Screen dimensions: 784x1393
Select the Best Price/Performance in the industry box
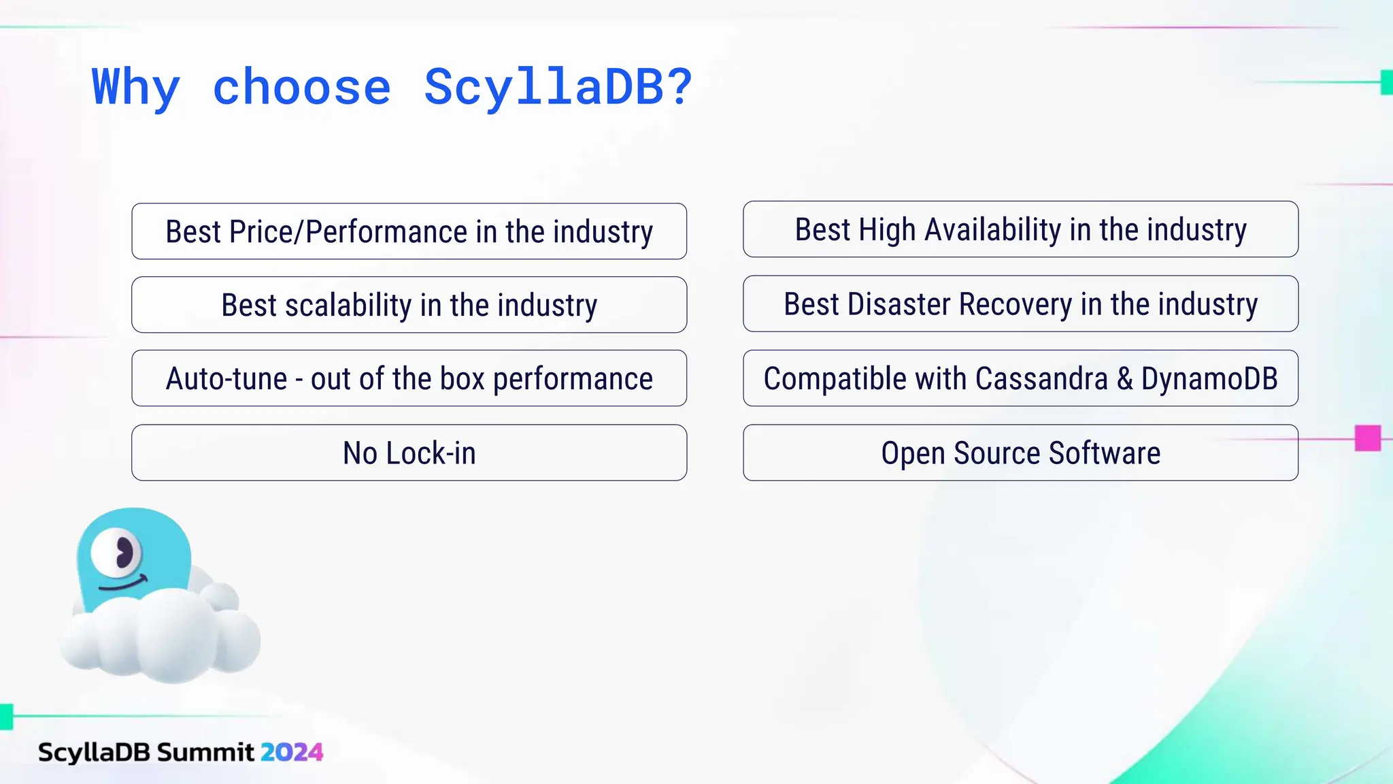coord(409,231)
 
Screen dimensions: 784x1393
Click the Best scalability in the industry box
coord(409,305)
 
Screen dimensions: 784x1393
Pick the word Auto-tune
coord(226,378)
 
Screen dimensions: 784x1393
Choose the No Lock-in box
coord(409,453)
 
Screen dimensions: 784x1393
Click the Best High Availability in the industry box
coord(1020,229)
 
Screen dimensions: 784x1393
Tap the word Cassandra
coord(1041,379)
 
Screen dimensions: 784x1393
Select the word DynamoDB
coord(1209,379)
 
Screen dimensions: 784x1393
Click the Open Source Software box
coord(1020,453)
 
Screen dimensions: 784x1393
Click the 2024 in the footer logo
coord(291,752)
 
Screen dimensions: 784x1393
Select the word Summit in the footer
coord(205,752)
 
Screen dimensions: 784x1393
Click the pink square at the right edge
coord(1367,438)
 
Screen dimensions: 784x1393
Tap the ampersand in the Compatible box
coord(1124,379)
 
